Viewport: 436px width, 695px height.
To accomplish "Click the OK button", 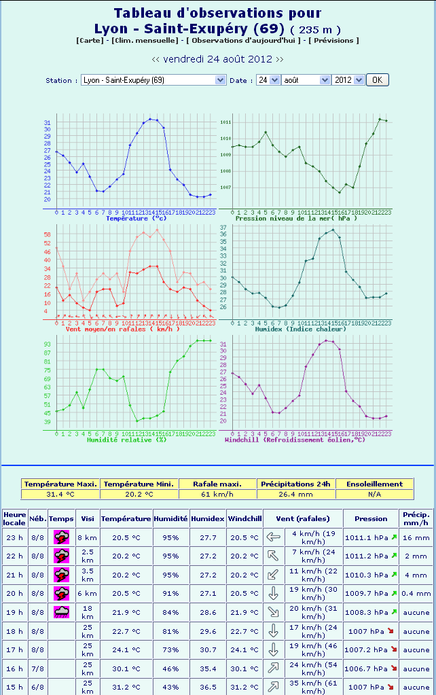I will pos(377,79).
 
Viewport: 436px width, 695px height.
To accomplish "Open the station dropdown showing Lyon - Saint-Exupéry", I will pos(153,80).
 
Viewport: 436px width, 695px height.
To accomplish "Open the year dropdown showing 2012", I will pos(348,80).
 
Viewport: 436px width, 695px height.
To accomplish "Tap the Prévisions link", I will pos(334,41).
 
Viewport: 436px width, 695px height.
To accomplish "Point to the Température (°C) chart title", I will pos(136,218).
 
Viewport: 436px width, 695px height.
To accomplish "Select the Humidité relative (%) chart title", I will pos(127,440).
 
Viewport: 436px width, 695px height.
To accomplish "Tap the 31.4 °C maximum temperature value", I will pos(60,494).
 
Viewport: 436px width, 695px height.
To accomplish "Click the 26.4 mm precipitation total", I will pos(296,494).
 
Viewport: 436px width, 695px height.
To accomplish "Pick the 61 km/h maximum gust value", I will pos(217,494).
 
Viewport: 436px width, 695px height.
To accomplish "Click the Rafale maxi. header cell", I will pos(217,484).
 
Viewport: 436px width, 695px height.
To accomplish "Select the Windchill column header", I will pos(244,518).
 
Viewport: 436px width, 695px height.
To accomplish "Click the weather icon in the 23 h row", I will pos(61,537).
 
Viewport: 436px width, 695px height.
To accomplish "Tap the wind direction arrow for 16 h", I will pos(274,669).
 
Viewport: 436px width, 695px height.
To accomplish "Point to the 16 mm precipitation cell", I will pos(416,537).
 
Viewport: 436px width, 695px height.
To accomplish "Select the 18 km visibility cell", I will pos(87,612).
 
